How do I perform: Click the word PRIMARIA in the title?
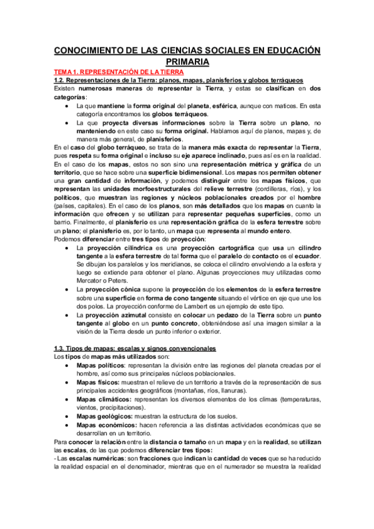[187, 62]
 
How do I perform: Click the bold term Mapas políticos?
[102, 365]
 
